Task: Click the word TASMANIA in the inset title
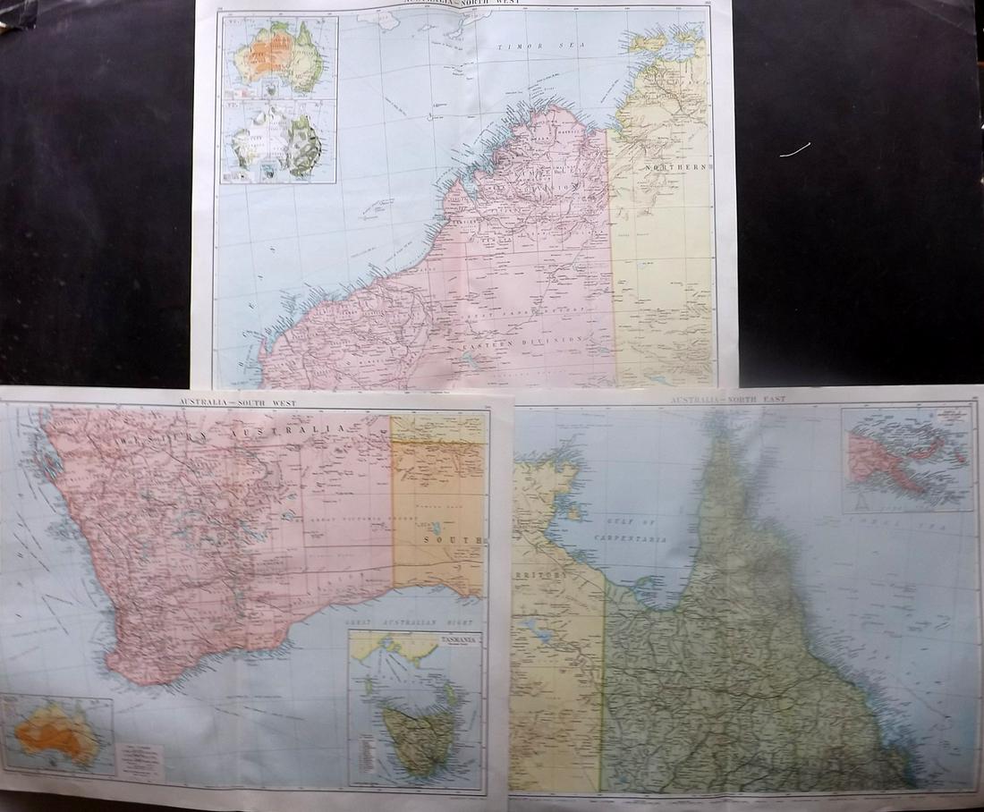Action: click(x=457, y=640)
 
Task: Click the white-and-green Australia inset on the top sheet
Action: click(x=277, y=142)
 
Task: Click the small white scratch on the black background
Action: click(x=795, y=150)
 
